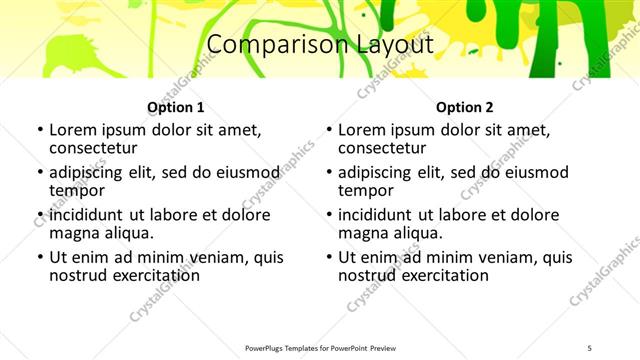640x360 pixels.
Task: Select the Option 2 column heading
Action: [x=465, y=107]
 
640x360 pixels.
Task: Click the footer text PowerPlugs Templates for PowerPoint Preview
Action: [x=320, y=347]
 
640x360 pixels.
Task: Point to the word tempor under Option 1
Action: [x=77, y=191]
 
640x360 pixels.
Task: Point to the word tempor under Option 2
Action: [x=366, y=191]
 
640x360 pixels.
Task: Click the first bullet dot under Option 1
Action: [x=39, y=131]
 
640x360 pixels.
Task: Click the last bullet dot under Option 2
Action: [x=329, y=258]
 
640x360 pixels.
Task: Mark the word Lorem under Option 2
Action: [x=362, y=130]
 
